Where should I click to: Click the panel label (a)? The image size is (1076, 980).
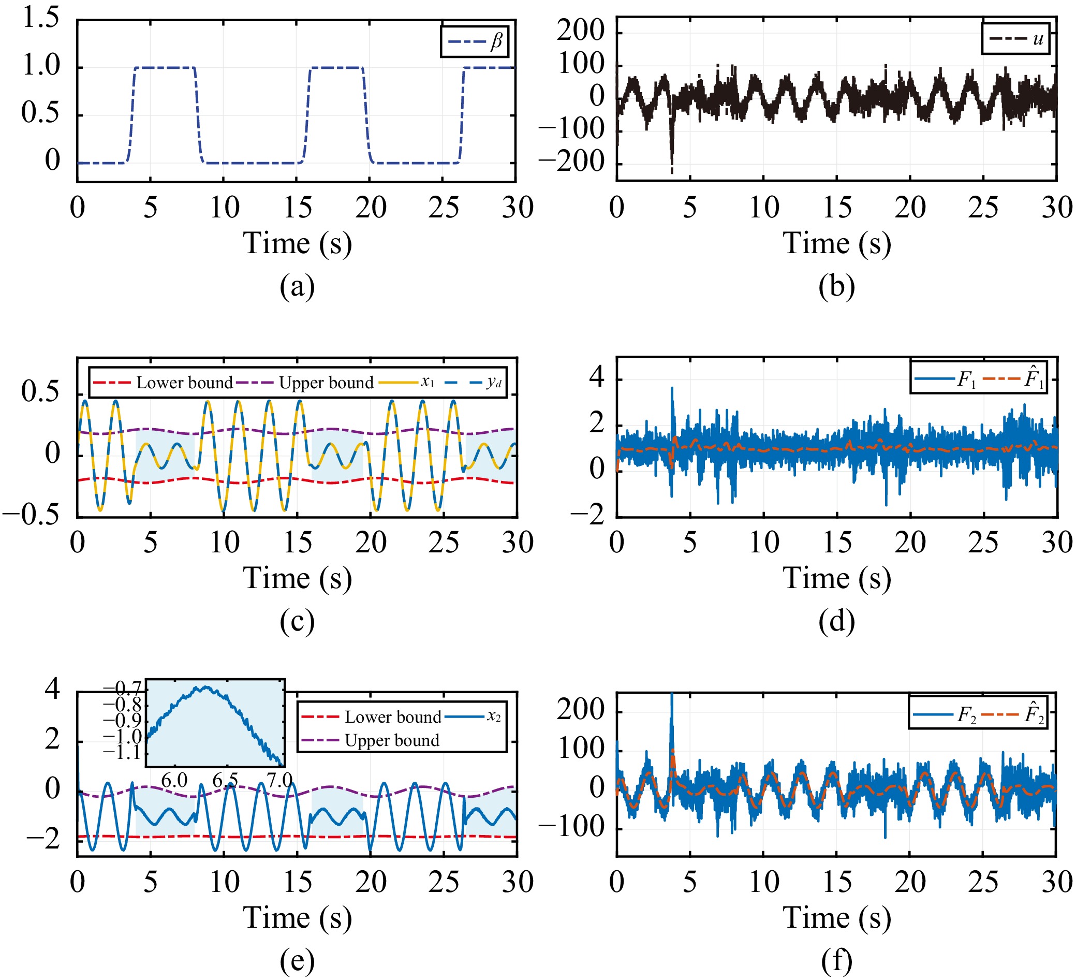point(297,287)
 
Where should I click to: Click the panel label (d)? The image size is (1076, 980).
point(836,621)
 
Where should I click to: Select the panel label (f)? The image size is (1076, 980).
point(836,961)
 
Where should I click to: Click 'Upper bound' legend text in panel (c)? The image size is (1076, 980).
point(326,383)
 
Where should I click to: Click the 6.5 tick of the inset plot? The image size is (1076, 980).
point(225,780)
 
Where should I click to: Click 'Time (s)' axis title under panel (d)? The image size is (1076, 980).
point(836,578)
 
